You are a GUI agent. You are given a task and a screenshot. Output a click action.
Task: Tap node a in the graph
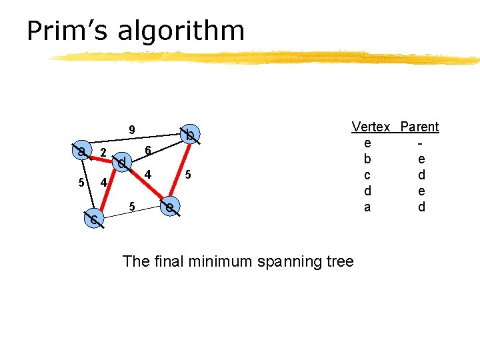coord(81,151)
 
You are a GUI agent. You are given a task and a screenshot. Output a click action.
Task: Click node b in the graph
coord(190,135)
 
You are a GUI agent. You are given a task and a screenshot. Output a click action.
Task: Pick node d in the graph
coord(121,162)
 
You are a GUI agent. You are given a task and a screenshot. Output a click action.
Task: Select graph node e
coord(171,208)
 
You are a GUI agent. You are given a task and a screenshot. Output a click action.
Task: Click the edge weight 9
coord(132,130)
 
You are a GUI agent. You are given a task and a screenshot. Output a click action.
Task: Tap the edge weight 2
coord(103,153)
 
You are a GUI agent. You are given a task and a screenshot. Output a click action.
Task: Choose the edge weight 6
coord(148,151)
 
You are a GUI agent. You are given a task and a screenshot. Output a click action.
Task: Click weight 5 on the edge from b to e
coord(189,175)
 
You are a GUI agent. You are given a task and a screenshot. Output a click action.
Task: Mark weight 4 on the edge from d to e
coord(148,175)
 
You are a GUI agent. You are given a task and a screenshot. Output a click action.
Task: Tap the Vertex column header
coord(371,127)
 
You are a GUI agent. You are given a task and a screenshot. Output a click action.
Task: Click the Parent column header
coord(419,127)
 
